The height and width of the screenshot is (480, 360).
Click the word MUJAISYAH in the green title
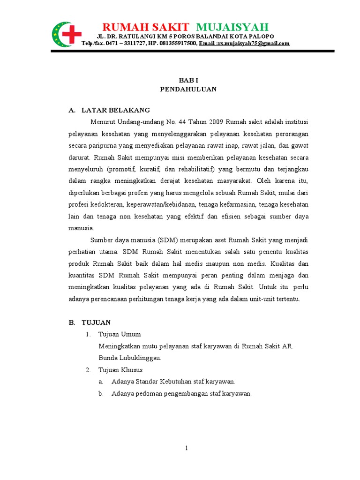click(232, 27)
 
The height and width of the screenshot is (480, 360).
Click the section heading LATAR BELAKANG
click(116, 110)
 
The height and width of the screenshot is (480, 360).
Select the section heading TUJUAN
click(96, 322)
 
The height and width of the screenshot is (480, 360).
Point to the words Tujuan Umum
click(120, 335)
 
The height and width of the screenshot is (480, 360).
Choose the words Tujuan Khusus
click(120, 370)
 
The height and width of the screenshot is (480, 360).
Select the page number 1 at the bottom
click(186, 448)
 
